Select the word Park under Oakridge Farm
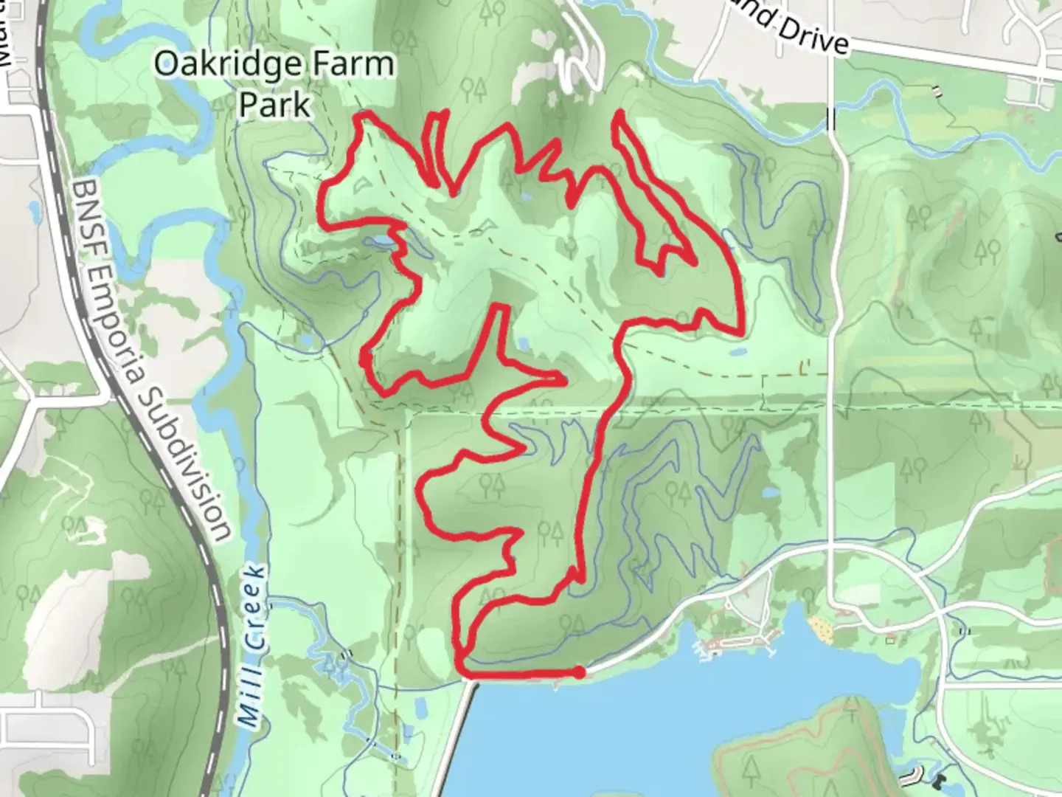[274, 105]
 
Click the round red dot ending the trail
[580, 672]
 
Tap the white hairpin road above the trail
[583, 63]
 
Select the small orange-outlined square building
[893, 639]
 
